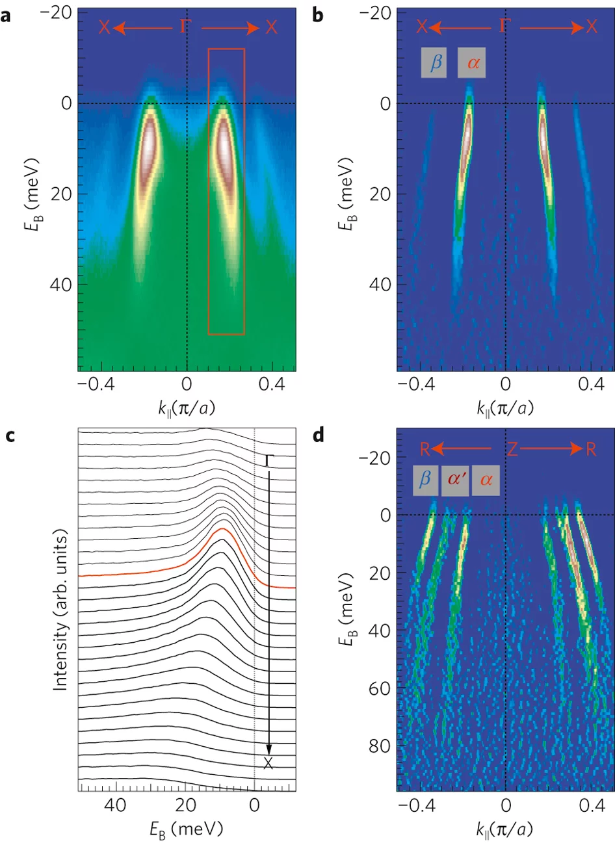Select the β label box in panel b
(434, 63)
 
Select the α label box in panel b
(471, 63)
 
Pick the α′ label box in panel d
(455, 480)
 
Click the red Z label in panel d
(512, 449)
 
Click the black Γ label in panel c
(268, 461)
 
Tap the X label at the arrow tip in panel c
(268, 764)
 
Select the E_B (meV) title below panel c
(186, 830)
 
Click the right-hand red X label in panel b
(591, 27)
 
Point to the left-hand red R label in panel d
(423, 449)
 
